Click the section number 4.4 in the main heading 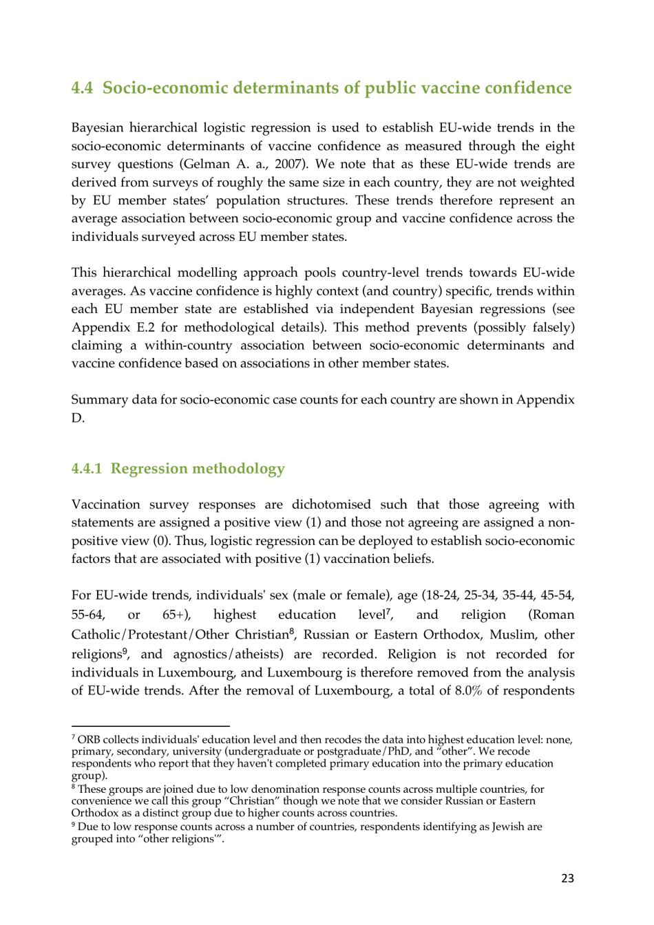click(82, 88)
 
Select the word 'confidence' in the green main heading click(528, 88)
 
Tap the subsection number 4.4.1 click(86, 469)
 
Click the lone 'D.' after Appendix click(78, 418)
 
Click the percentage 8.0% click(467, 691)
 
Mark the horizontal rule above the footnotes click(150, 725)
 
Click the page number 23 click(567, 878)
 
